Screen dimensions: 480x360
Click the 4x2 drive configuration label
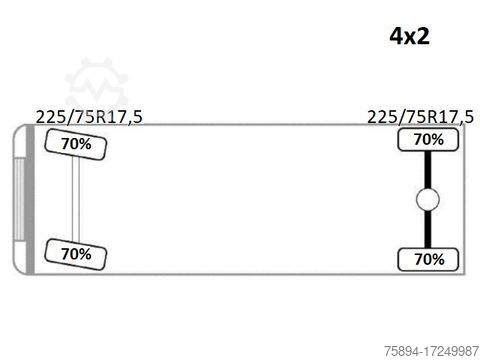[410, 36]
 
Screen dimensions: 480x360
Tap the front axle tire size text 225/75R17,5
[89, 117]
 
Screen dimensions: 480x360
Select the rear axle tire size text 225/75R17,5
[420, 117]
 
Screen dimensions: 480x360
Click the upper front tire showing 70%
[76, 144]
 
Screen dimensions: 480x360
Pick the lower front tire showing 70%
[76, 254]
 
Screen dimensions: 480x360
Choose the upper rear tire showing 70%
[428, 139]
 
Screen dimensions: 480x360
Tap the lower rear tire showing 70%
[428, 259]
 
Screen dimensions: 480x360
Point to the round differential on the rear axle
[428, 199]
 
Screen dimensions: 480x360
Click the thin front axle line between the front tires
[76, 199]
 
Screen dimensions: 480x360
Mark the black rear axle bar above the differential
[428, 170]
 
